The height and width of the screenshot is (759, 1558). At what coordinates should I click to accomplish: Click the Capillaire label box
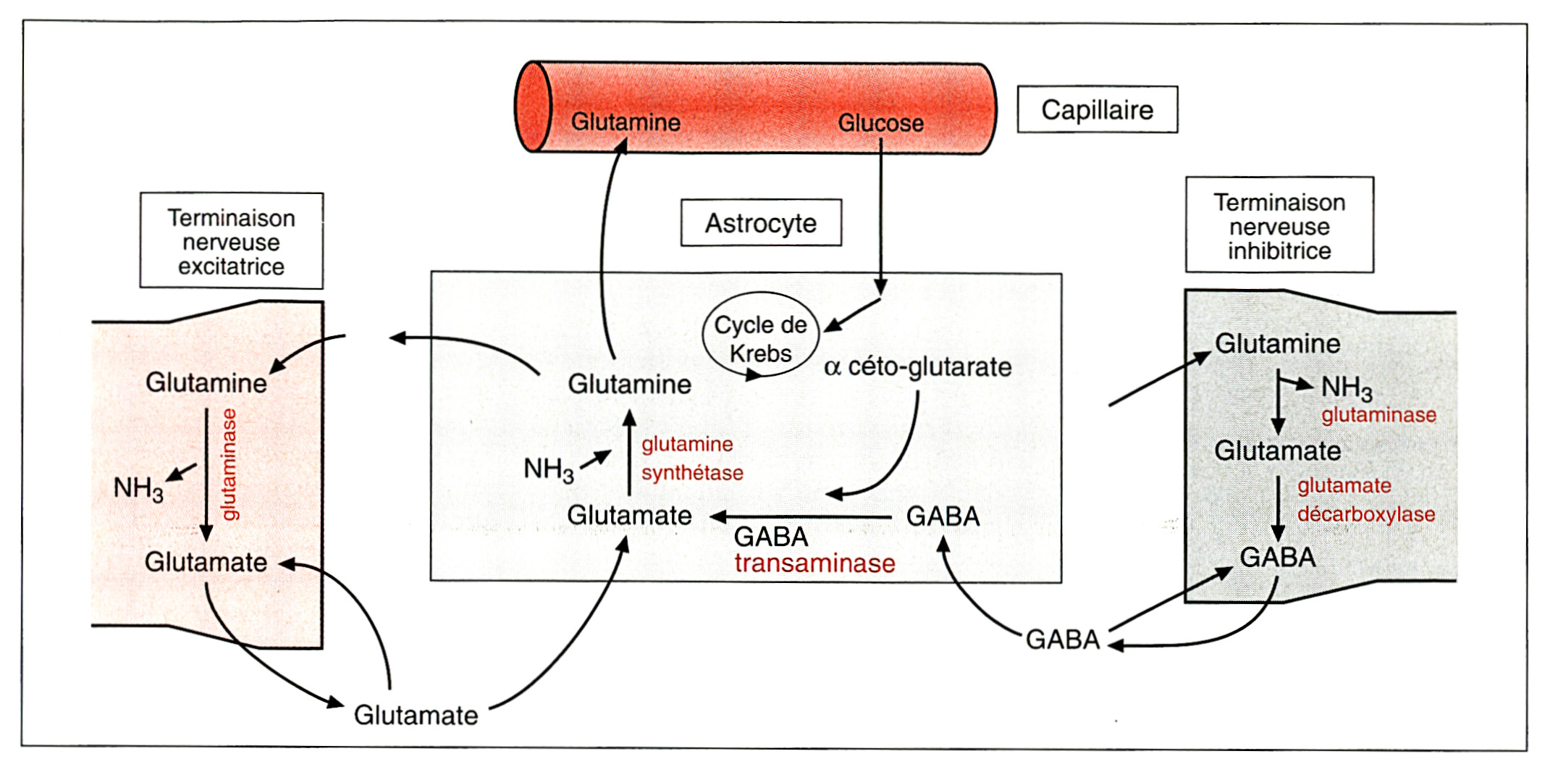point(1097,110)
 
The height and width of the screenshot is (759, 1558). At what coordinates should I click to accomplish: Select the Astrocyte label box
point(761,223)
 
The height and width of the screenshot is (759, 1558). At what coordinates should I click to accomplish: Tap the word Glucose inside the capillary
point(880,123)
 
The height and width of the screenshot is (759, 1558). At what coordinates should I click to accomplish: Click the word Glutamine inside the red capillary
point(626,122)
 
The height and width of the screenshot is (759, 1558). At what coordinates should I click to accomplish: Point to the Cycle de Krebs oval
point(760,335)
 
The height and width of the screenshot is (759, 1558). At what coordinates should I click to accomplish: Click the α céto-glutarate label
point(917,367)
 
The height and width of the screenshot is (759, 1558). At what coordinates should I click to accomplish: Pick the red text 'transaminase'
point(814,563)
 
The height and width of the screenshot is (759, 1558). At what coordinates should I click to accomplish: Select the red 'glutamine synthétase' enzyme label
point(691,458)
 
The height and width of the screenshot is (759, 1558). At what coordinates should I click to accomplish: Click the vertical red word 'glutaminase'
point(230,464)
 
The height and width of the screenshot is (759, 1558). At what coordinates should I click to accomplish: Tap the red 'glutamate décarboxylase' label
point(1365,500)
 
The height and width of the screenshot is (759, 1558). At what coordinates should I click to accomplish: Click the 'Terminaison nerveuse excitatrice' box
point(232,242)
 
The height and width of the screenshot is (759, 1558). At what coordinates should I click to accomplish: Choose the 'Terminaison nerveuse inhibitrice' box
point(1279,226)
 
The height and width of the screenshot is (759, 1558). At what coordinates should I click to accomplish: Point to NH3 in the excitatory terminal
point(138,489)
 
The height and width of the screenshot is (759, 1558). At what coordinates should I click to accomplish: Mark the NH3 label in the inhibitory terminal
point(1347,388)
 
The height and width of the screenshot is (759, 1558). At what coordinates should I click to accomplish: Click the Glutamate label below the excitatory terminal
point(416,716)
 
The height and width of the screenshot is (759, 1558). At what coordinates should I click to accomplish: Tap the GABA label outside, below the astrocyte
point(1063,640)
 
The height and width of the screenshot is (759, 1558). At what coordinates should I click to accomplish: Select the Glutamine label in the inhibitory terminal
point(1277,344)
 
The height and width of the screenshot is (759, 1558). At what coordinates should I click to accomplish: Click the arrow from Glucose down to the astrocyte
point(881,217)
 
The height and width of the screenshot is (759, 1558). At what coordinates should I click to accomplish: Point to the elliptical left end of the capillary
point(534,107)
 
